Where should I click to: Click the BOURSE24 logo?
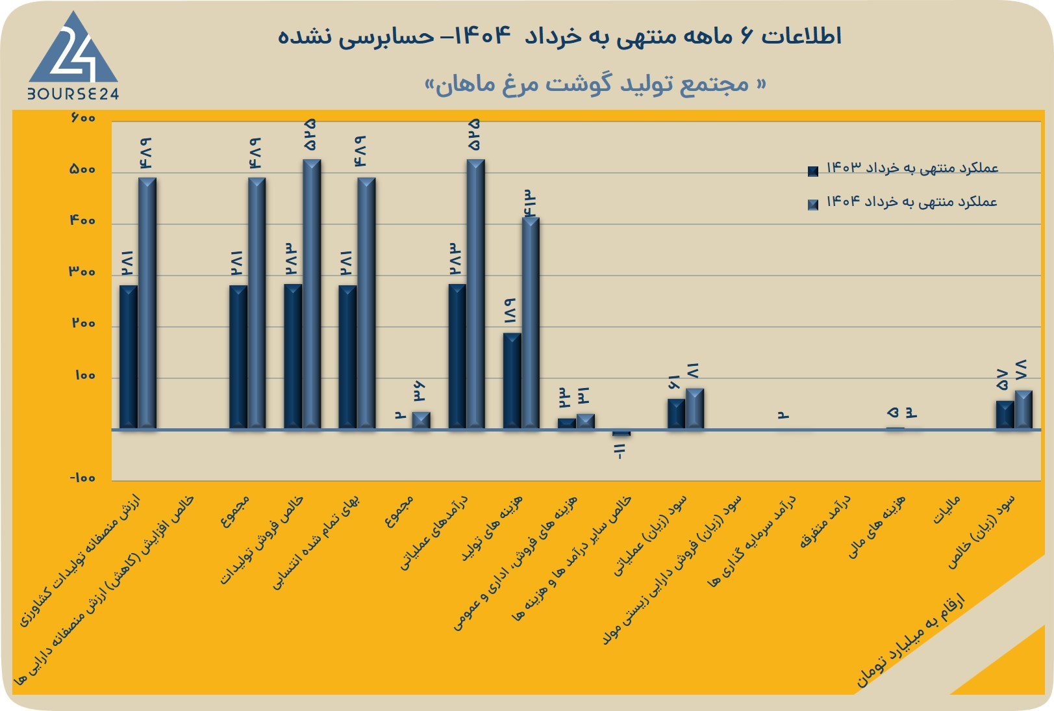(x=73, y=55)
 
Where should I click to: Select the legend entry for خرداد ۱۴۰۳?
(x=903, y=168)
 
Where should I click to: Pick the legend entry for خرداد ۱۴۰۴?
(x=903, y=203)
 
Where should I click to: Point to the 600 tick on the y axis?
(x=83, y=117)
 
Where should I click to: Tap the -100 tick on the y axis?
(x=83, y=478)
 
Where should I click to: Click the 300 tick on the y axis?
(x=83, y=272)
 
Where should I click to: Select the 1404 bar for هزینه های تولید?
(x=531, y=323)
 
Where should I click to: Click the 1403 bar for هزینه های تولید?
(x=512, y=381)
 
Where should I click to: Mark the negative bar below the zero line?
(x=621, y=432)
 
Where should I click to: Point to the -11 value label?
(x=620, y=451)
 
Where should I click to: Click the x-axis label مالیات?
(x=947, y=510)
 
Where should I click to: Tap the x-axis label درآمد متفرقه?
(x=825, y=522)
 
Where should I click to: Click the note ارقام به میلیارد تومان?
(x=910, y=641)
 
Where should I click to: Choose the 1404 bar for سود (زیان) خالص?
(x=1023, y=409)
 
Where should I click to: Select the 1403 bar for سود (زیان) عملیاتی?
(x=676, y=414)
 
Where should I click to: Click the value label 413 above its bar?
(x=530, y=203)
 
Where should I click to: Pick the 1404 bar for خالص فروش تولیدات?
(x=312, y=294)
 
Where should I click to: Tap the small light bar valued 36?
(x=421, y=420)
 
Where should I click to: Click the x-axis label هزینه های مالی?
(x=876, y=526)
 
